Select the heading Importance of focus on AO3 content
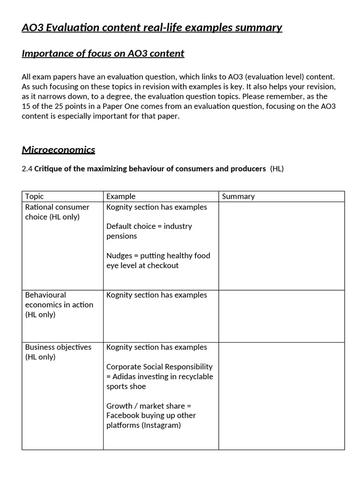tap(103, 53)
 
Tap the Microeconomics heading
tap(58, 150)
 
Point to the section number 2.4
tap(27, 169)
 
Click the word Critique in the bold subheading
tap(48, 169)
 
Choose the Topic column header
tap(34, 196)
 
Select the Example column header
tap(120, 196)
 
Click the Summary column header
tap(238, 196)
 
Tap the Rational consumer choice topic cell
tap(57, 212)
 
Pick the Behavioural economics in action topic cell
tap(59, 305)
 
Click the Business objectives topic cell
tap(58, 352)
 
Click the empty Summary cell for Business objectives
tap(281, 396)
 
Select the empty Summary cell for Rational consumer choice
tap(281, 246)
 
